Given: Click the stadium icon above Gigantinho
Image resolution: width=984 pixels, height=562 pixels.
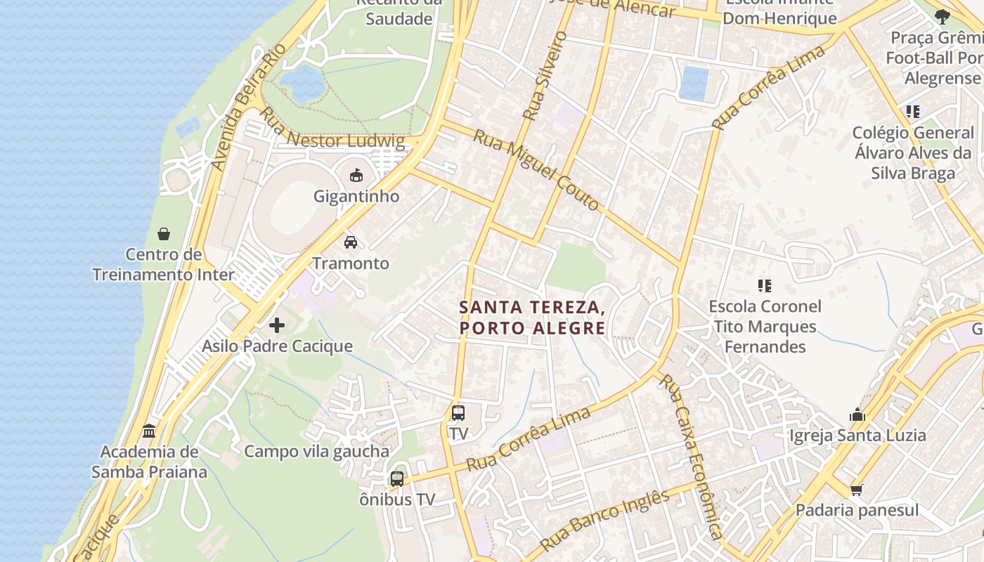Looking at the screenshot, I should [x=356, y=175].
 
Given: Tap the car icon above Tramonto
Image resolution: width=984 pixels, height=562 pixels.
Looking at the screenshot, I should [x=350, y=242].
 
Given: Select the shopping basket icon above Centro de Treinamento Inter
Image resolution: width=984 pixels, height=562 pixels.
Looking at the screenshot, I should [x=164, y=233].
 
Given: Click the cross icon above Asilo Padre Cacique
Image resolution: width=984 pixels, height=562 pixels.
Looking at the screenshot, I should [x=277, y=325].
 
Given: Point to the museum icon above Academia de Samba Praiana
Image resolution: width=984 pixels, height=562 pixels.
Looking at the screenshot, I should [x=149, y=430].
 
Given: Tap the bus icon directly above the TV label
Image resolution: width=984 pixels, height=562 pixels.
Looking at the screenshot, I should [x=458, y=413].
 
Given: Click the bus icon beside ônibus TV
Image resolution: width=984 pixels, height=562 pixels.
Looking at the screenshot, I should [x=397, y=479].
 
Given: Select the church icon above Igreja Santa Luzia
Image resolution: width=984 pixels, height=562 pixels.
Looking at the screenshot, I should [x=857, y=414].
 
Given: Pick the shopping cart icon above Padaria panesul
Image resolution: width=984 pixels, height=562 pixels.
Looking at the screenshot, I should [x=856, y=490].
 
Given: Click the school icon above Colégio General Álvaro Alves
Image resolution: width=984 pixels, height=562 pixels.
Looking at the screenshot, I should [x=912, y=111].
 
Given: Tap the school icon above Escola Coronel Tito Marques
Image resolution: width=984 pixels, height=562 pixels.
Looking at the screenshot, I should [x=765, y=285].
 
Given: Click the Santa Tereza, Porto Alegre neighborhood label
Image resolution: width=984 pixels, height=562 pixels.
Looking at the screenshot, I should [x=532, y=318].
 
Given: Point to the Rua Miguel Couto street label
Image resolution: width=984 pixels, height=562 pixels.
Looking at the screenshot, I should [x=536, y=169].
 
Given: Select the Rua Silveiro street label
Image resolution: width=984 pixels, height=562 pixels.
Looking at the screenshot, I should [x=545, y=74].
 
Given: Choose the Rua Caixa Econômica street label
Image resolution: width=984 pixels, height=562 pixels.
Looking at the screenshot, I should [x=691, y=457].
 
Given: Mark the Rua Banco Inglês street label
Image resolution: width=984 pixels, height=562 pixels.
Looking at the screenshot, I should [x=605, y=520].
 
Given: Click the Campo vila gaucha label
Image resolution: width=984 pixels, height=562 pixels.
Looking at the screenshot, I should [x=316, y=452].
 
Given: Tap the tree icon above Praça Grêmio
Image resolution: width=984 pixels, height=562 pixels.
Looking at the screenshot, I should [x=943, y=16].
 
